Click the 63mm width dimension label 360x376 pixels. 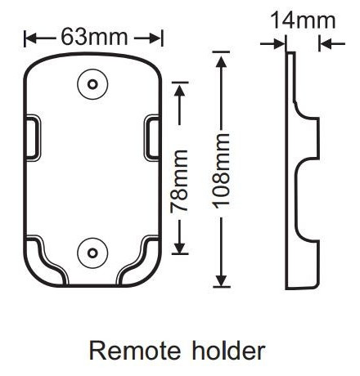tap(94, 37)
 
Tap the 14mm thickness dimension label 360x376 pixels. tap(303, 20)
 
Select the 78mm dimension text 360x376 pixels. tap(179, 181)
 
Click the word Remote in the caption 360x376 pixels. tap(135, 351)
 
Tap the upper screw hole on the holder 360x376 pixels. tap(92, 84)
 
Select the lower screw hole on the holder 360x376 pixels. tap(92, 253)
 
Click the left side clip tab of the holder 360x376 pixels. tap(34, 137)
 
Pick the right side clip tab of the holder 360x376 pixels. tap(151, 137)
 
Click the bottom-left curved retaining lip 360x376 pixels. tap(47, 260)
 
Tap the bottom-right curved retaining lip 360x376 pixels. tap(138, 260)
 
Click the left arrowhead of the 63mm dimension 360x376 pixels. tap(31, 38)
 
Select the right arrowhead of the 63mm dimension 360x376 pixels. tap(155, 38)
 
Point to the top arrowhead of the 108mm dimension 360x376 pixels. tap(222, 62)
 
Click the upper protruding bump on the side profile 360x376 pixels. tap(308, 137)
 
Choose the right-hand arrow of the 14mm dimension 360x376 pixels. tap(332, 43)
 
